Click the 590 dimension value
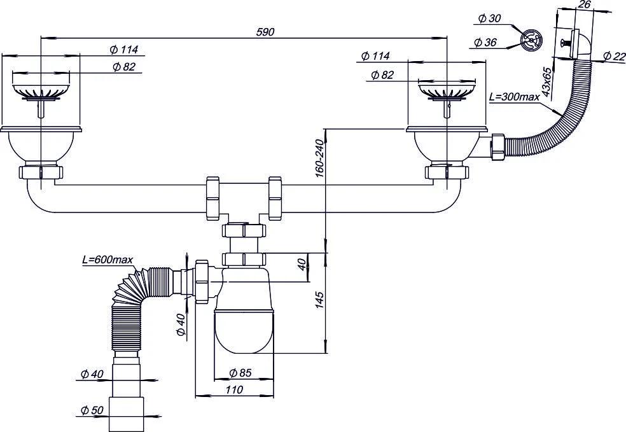pyautogui.click(x=265, y=32)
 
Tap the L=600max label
pyautogui.click(x=107, y=260)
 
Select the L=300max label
pyautogui.click(x=514, y=97)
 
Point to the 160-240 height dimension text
pyautogui.click(x=319, y=158)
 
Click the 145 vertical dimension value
pyautogui.click(x=319, y=300)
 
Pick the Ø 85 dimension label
pyautogui.click(x=240, y=373)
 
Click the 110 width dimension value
pyautogui.click(x=234, y=389)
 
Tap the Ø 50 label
pyautogui.click(x=92, y=410)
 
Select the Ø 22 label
pyautogui.click(x=615, y=56)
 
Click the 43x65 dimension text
pyautogui.click(x=547, y=84)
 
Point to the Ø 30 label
pyautogui.click(x=489, y=18)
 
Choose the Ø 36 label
pyautogui.click(x=485, y=42)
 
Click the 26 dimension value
pyautogui.click(x=584, y=5)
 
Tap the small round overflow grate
pyautogui.click(x=531, y=39)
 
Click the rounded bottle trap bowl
pyautogui.click(x=244, y=332)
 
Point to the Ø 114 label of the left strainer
pyautogui.click(x=124, y=50)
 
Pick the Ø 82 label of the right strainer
pyautogui.click(x=382, y=74)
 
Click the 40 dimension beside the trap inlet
pyautogui.click(x=302, y=264)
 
